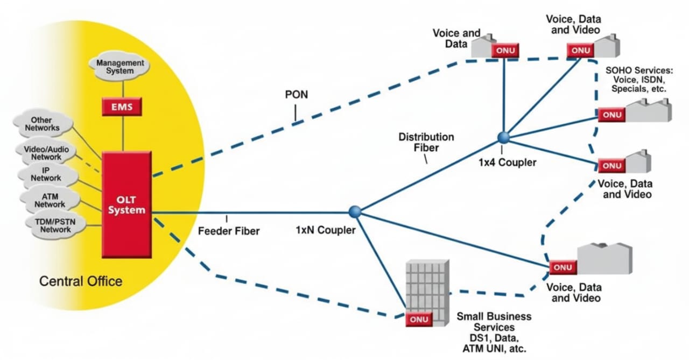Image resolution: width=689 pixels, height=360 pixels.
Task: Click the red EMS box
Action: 121,106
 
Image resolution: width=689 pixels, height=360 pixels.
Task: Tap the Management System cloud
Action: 120,67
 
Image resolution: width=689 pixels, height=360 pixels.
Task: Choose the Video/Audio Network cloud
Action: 46,153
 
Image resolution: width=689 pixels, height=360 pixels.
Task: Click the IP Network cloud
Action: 46,174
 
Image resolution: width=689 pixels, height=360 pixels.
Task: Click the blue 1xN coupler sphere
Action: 354,212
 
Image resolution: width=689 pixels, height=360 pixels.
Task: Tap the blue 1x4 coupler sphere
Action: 504,138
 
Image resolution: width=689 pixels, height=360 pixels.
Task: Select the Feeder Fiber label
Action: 229,231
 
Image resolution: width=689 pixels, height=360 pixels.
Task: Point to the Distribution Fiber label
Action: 426,142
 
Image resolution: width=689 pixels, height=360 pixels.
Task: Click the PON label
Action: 297,95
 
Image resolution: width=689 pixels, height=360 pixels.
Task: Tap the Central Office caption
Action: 81,281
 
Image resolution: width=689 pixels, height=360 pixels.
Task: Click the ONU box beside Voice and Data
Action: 504,51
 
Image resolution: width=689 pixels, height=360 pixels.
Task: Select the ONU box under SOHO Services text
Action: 611,115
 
